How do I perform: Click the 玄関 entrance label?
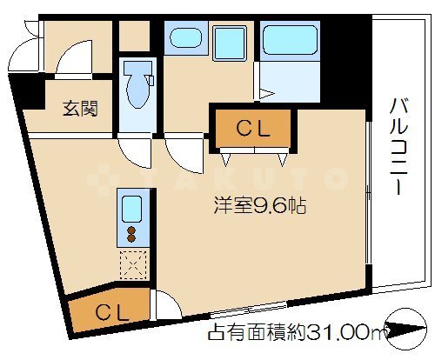pos(79,110)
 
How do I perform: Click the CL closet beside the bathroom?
pos(253,129)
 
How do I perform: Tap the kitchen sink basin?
pos(131,209)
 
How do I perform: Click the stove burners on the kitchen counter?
pos(131,234)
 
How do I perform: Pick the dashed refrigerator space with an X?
pos(131,262)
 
